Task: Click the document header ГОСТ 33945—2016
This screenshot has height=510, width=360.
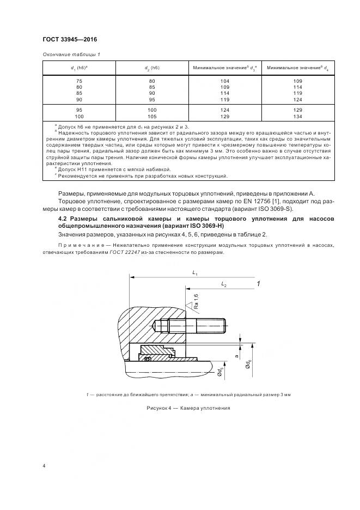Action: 70,39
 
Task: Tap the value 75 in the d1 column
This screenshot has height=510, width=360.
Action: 80,81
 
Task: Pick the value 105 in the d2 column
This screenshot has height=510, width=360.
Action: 152,117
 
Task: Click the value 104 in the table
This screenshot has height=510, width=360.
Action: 224,81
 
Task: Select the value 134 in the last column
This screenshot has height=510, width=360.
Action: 297,117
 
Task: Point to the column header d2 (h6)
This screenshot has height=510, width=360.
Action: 152,68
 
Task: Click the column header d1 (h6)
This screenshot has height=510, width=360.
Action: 80,68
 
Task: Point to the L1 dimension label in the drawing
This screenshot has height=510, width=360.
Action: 194,273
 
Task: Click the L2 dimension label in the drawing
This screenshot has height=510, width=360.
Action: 224,285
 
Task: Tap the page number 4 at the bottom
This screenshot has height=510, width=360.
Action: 44,466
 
